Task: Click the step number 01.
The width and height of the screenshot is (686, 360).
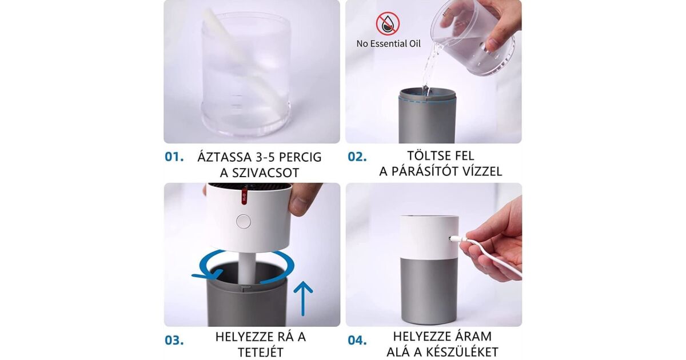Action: tap(174, 157)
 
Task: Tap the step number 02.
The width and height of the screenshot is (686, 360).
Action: tap(357, 157)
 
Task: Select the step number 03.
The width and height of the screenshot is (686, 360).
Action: tap(174, 340)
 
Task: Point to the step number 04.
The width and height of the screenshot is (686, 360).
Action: tap(357, 340)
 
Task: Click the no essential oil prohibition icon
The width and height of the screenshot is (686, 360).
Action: tap(388, 24)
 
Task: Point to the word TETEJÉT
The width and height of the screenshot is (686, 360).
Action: tap(261, 352)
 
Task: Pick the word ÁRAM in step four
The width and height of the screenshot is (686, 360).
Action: tap(477, 336)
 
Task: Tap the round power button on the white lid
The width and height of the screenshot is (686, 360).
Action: tap(244, 222)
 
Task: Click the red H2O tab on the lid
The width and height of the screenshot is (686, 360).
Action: tap(244, 195)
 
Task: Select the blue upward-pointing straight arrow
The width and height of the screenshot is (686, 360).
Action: tap(303, 298)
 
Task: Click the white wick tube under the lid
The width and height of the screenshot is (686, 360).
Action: tap(248, 266)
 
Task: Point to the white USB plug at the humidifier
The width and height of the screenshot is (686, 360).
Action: tap(458, 238)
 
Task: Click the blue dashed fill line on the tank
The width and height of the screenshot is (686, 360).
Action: tap(428, 101)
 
